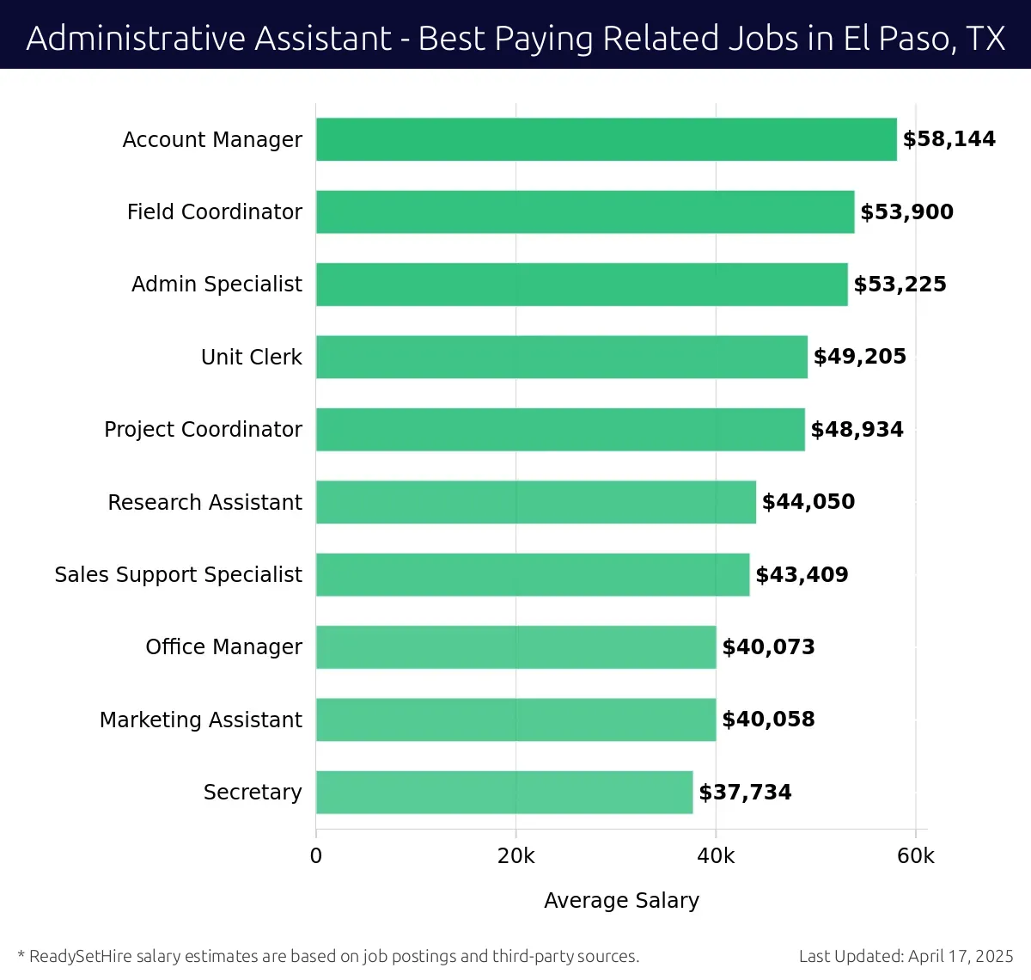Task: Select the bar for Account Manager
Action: (x=606, y=139)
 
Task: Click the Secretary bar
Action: (x=504, y=792)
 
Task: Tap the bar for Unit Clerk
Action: (x=561, y=357)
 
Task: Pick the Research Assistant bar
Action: (x=535, y=502)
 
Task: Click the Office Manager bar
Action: (x=515, y=646)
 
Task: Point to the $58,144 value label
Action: (x=949, y=139)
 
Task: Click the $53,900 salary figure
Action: (x=906, y=212)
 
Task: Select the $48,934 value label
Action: (x=857, y=430)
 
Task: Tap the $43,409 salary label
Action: (x=802, y=575)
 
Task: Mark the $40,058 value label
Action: (x=768, y=720)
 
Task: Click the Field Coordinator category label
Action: (x=214, y=212)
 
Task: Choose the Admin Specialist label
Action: (x=217, y=285)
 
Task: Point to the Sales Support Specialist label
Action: (x=178, y=575)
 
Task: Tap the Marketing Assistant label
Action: (x=200, y=720)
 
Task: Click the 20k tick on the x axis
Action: (x=515, y=856)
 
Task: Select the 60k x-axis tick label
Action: (x=915, y=856)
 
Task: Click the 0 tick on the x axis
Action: (x=316, y=856)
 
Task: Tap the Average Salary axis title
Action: (x=621, y=900)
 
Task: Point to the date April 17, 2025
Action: (x=961, y=956)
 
